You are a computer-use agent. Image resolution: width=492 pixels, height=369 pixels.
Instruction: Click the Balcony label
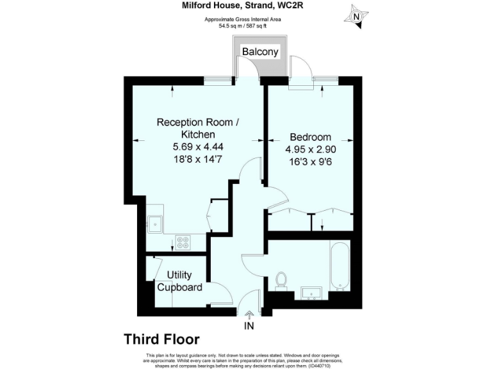[260, 52]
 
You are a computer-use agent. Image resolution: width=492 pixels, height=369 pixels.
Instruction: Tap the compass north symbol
[356, 15]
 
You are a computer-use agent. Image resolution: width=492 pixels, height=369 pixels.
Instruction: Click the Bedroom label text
[310, 137]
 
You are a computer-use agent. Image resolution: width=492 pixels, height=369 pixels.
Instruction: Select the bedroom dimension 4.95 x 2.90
[310, 149]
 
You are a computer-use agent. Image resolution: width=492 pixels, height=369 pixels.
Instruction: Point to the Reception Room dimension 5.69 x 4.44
[198, 147]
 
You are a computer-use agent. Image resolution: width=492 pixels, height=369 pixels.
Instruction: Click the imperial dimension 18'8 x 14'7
[198, 159]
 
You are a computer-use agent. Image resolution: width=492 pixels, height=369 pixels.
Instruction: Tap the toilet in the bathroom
[281, 280]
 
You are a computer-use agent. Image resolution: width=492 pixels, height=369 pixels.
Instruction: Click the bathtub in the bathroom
[339, 266]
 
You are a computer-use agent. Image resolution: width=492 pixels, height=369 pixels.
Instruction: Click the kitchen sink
[154, 224]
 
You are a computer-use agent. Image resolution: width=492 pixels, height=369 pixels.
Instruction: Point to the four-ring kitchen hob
[183, 242]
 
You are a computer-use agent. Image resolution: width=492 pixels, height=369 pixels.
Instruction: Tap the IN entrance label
[249, 326]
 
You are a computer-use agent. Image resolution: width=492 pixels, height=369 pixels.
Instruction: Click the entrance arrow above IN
[249, 313]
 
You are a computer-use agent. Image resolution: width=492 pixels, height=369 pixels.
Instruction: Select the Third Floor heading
[161, 339]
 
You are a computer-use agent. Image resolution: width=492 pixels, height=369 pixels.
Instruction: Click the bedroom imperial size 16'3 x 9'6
[310, 161]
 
